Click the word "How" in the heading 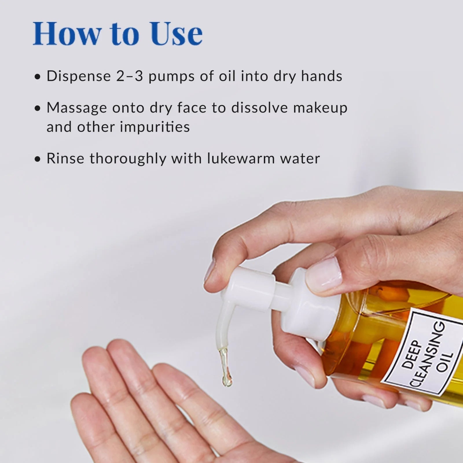(67, 34)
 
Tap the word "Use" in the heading (175, 34)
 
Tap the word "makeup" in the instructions (320, 107)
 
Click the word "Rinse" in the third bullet (65, 158)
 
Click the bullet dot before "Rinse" (37, 159)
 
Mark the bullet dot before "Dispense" (37, 77)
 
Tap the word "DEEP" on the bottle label (411, 354)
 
